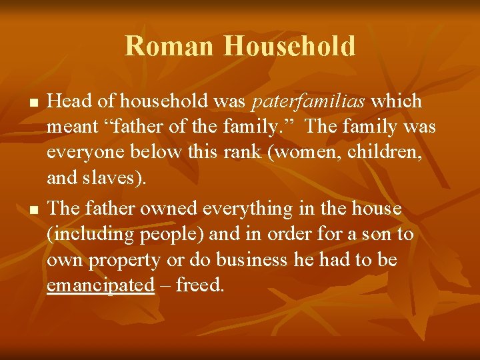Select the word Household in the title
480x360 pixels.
click(x=289, y=47)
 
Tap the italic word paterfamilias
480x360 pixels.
click(x=308, y=101)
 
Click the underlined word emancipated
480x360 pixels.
click(x=101, y=285)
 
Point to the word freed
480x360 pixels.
click(x=198, y=285)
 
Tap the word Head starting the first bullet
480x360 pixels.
click(x=69, y=101)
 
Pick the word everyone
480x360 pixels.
click(x=84, y=153)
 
